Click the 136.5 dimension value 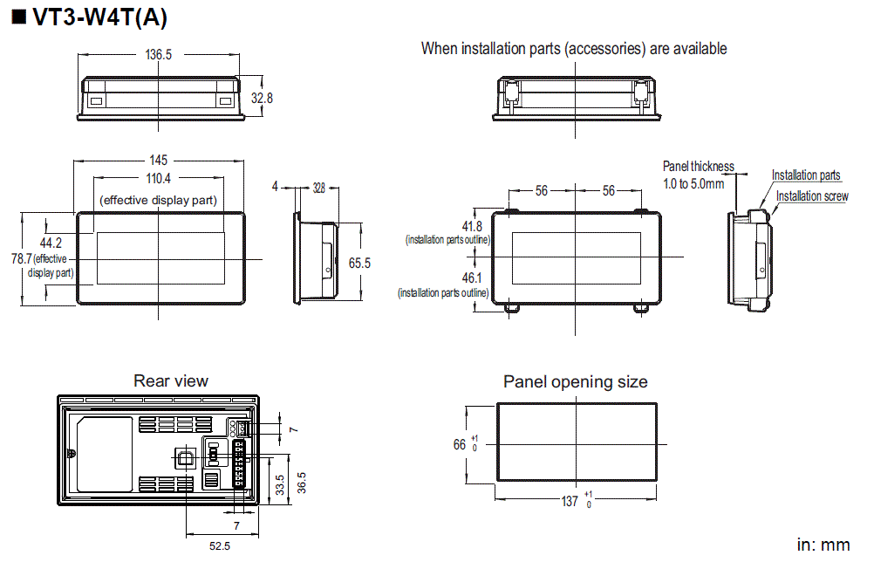coord(158,54)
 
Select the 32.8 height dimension coord(262,99)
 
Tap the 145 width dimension coord(158,161)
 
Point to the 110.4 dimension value coord(158,179)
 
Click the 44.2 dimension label coord(51,242)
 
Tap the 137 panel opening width coord(570,501)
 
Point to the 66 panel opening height coord(460,444)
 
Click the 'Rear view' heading coord(171,380)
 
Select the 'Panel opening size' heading coord(576,381)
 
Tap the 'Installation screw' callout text coord(812,196)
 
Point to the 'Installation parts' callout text coord(806,175)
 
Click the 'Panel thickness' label coord(698,166)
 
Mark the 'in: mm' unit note coord(823,545)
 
